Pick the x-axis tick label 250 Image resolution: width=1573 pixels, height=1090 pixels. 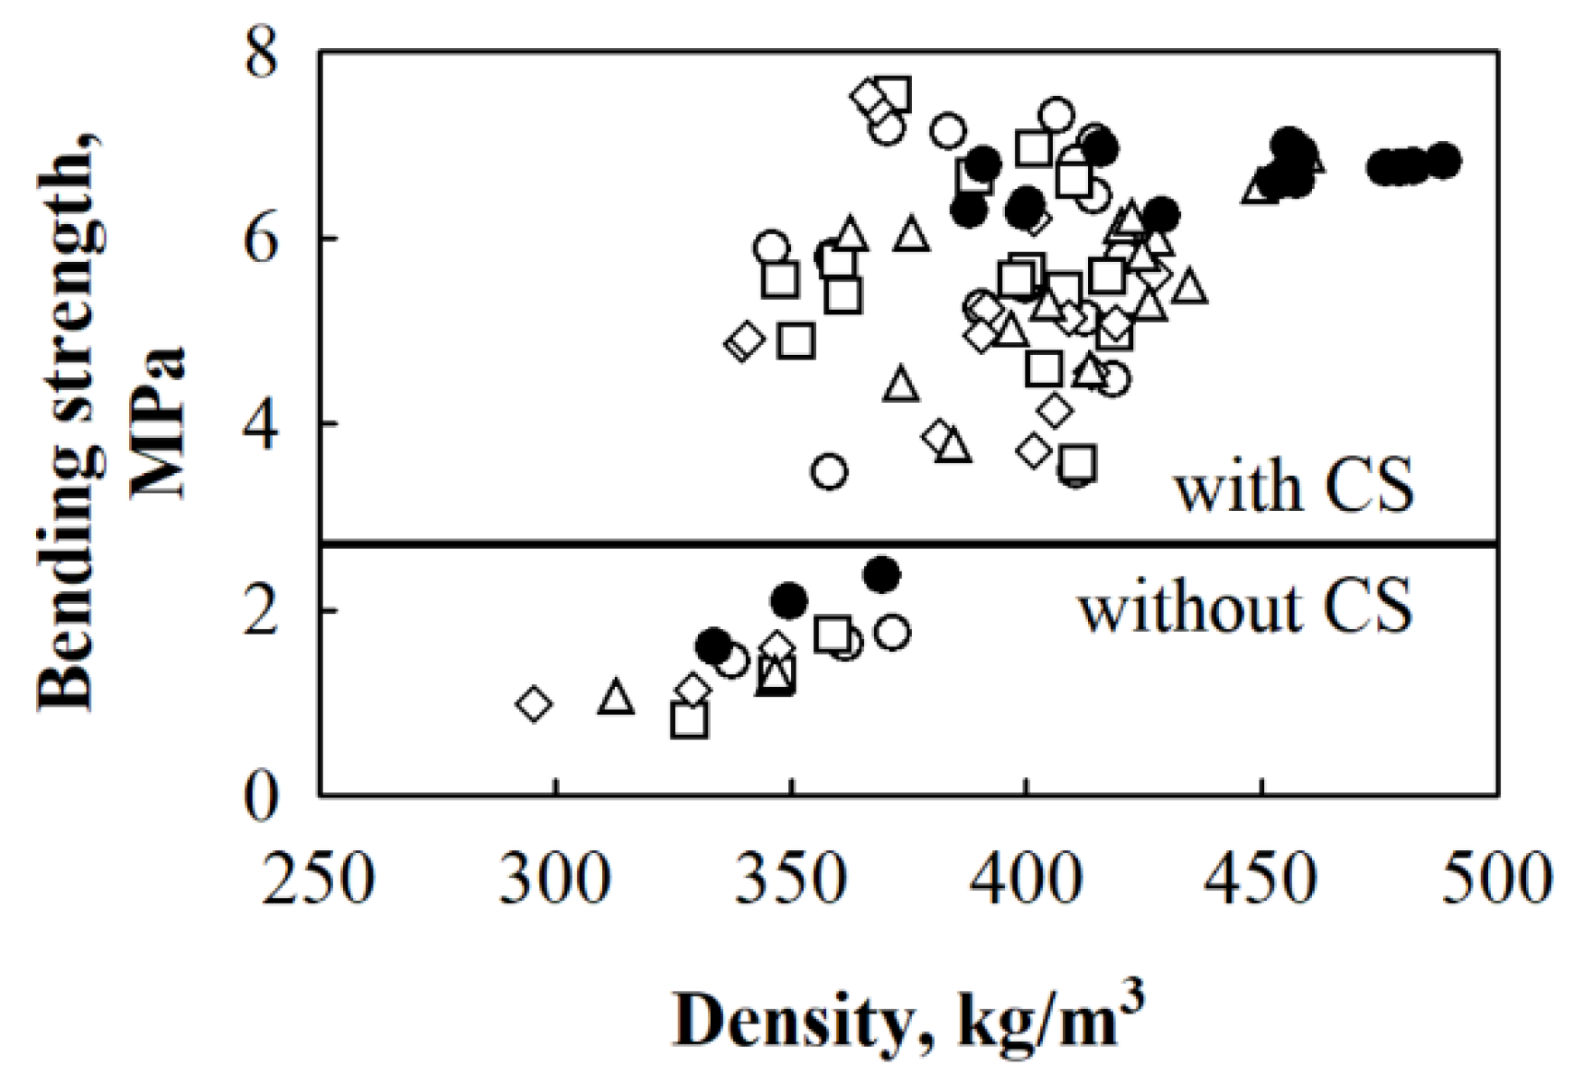pos(319,879)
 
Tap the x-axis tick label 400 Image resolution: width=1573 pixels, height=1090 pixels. pos(1026,879)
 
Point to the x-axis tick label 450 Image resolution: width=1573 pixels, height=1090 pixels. pos(1262,879)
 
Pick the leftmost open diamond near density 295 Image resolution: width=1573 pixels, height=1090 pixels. pos(534,705)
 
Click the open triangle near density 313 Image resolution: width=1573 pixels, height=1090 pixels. pos(617,698)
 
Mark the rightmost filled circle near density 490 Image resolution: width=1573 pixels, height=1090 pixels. pos(1445,160)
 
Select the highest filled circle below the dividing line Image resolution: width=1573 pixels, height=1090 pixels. pos(882,575)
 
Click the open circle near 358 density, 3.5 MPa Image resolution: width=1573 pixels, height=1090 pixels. pos(830,472)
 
